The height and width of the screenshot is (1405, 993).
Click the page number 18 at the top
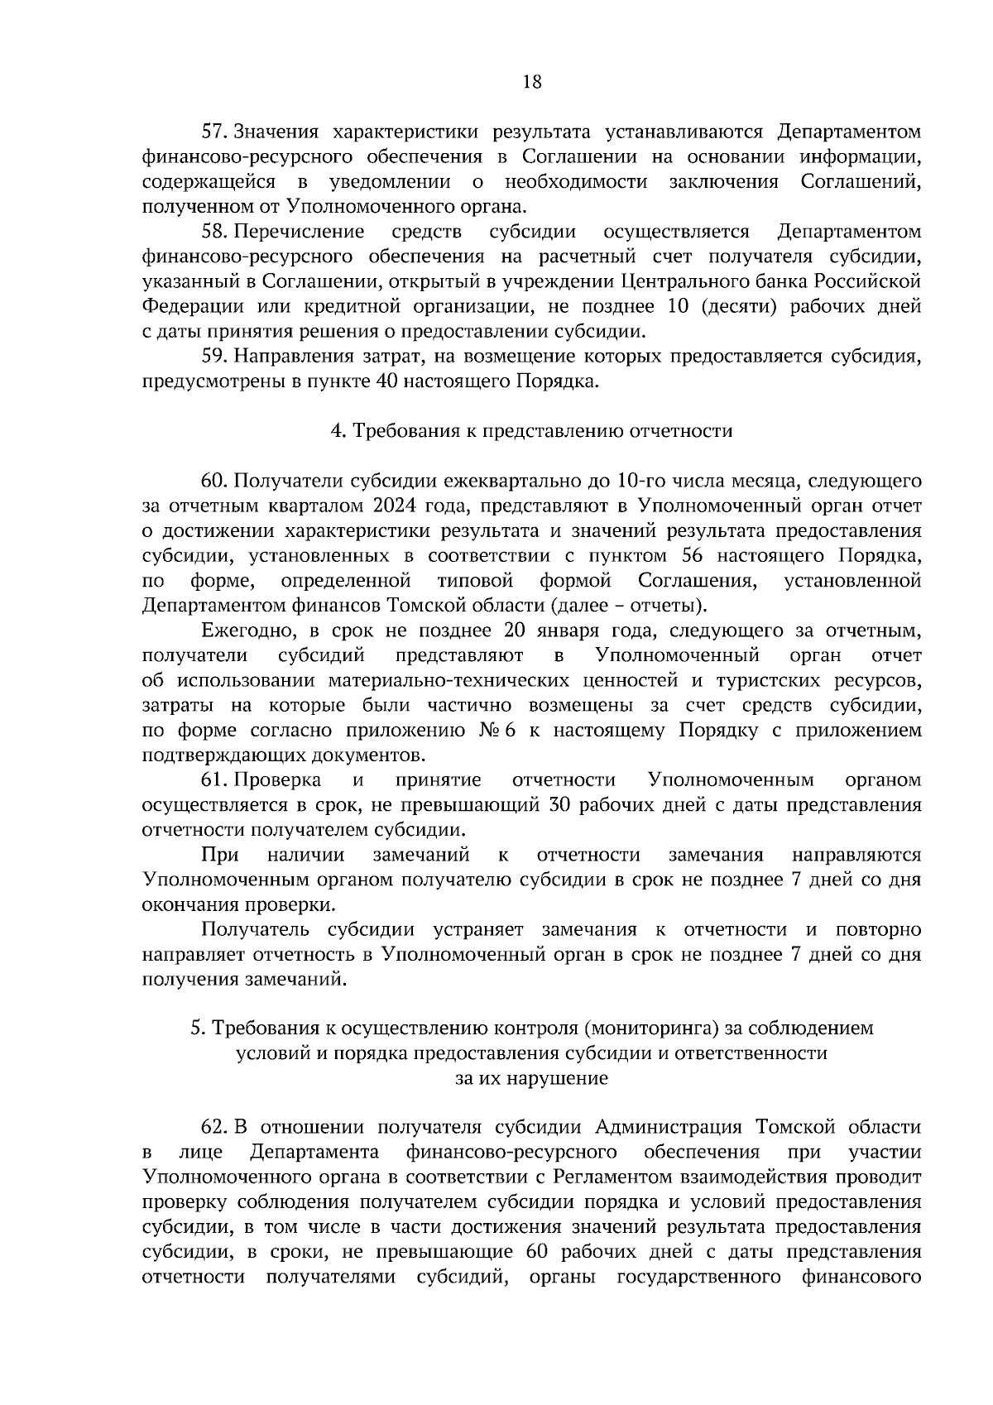(532, 81)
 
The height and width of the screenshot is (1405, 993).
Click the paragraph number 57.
(214, 132)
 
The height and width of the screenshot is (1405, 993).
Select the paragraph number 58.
(214, 231)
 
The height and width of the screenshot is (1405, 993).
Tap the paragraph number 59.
(214, 356)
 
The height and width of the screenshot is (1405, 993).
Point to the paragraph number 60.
(214, 481)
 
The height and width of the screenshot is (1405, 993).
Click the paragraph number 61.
(214, 779)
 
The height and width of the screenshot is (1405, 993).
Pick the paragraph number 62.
(214, 1127)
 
